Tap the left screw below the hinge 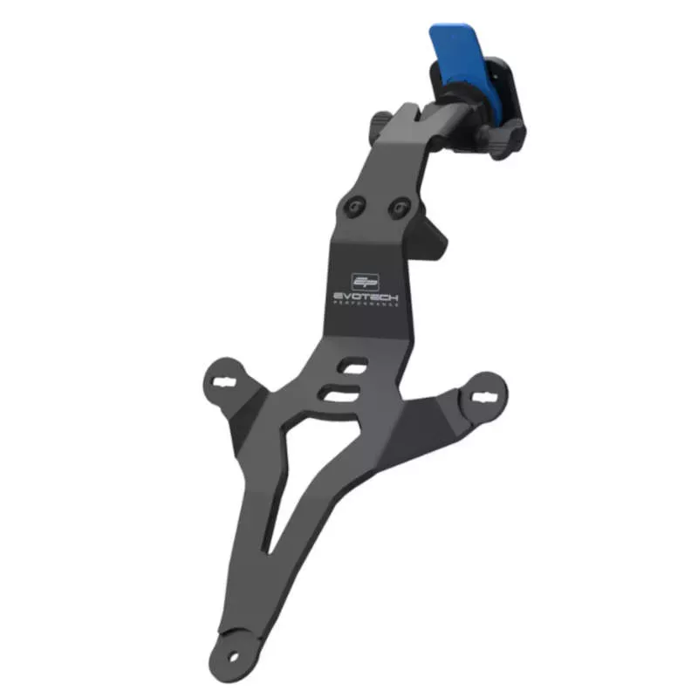354,207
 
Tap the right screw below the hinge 399,208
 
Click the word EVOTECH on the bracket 366,296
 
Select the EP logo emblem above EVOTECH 364,281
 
